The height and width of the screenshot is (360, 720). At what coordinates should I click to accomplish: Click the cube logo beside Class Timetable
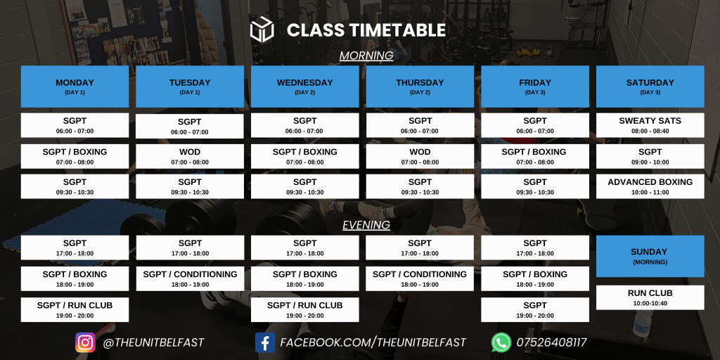tap(262, 30)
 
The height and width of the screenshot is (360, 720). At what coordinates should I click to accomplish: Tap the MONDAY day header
tap(75, 86)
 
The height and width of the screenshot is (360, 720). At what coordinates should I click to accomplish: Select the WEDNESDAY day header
tap(305, 86)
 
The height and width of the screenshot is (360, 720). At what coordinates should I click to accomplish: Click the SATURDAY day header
tap(650, 86)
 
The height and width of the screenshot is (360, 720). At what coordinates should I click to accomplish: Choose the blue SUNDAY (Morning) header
tap(650, 256)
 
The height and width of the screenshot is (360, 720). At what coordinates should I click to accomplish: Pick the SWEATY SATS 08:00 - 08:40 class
tap(650, 125)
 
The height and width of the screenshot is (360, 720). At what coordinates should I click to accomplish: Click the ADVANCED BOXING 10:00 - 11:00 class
tap(650, 186)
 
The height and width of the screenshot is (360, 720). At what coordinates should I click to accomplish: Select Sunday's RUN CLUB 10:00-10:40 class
tap(650, 297)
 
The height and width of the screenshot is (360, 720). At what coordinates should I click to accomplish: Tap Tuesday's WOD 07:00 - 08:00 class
tap(190, 156)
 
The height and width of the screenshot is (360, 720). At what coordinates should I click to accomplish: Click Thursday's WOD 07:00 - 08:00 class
tap(420, 156)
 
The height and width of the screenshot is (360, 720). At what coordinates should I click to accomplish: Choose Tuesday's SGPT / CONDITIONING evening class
tap(190, 278)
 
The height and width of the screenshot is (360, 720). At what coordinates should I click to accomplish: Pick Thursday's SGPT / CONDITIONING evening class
tap(420, 278)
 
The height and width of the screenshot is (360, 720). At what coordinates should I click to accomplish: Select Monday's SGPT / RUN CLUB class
tap(75, 310)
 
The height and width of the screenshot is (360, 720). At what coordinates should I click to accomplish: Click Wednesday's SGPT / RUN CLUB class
tap(305, 310)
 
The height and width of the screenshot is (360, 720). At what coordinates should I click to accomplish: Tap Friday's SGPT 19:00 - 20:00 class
tap(535, 310)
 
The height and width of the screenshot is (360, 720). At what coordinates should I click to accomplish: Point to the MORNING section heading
tap(366, 56)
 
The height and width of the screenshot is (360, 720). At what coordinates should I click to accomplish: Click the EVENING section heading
tap(366, 224)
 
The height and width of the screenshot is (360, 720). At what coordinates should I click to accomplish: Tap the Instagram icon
tap(85, 342)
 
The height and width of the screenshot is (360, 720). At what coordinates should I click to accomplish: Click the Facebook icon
tap(265, 342)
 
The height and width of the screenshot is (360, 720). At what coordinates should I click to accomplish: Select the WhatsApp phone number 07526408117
tap(551, 342)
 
